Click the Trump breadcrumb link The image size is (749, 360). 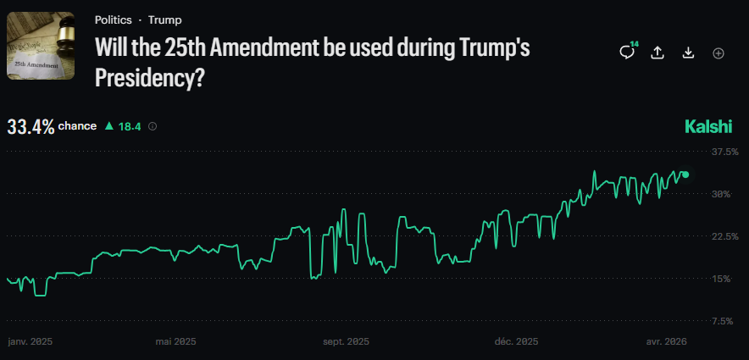[164, 19]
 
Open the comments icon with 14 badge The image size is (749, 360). [627, 53]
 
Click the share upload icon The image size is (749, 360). [657, 53]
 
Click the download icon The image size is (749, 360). [688, 53]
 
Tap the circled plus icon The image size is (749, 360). [718, 53]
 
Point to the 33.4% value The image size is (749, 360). [31, 127]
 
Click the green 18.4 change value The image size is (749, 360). [129, 127]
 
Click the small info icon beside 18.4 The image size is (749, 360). [153, 127]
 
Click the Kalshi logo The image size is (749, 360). [707, 127]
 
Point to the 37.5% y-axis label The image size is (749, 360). [721, 152]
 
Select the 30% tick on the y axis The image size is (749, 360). [721, 194]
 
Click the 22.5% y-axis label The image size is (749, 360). [721, 236]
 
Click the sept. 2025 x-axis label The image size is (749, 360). [347, 342]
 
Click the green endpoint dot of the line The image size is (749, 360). [685, 174]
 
